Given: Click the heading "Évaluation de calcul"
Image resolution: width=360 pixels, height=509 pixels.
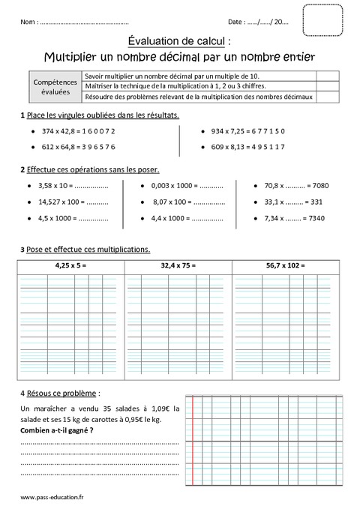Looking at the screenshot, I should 179,43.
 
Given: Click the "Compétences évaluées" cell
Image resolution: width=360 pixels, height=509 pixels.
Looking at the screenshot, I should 50,86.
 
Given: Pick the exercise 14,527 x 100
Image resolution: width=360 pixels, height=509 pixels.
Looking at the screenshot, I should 73,202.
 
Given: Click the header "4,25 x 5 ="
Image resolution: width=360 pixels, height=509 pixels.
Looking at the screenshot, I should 71,265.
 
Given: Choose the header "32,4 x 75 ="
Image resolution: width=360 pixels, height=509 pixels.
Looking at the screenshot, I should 179,265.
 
